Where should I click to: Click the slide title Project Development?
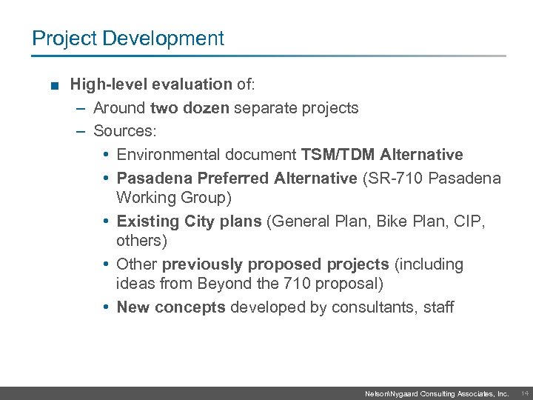pos(128,39)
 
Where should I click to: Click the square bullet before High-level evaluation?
pos(55,84)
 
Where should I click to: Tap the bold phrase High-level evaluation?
pos(151,84)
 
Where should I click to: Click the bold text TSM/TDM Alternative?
pos(382,155)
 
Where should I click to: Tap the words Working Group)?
pos(174,198)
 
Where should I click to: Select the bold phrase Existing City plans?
pos(189,221)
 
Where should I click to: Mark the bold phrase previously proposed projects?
pos(275,264)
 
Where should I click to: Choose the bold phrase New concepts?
pos(171,307)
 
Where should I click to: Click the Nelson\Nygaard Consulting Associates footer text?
pos(437,394)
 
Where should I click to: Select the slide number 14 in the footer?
pos(523,393)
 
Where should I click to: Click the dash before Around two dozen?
pos(80,108)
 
